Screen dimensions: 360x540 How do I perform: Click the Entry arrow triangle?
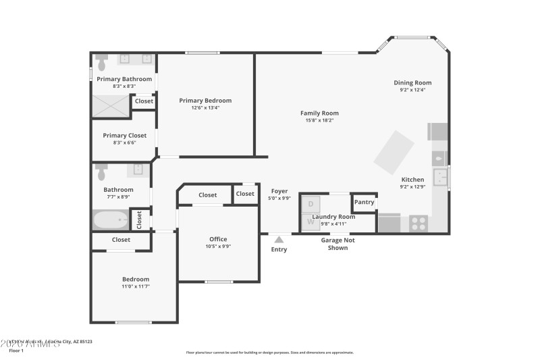[279, 238]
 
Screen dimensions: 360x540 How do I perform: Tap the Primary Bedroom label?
[205, 101]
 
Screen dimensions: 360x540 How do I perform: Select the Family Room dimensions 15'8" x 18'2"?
[319, 120]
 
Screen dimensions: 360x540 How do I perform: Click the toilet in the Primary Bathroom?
[102, 63]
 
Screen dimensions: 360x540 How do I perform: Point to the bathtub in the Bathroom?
[111, 220]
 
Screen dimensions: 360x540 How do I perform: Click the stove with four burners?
[418, 222]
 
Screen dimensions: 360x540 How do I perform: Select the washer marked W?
[310, 221]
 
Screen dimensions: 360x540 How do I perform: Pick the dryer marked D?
[310, 204]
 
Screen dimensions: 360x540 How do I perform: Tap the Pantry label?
[364, 202]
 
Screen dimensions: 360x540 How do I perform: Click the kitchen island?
[395, 153]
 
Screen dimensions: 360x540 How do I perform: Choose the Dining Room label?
[412, 82]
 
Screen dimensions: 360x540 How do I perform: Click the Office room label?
[218, 239]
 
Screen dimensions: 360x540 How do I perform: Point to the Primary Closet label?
[124, 135]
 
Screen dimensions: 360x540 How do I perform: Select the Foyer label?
[279, 191]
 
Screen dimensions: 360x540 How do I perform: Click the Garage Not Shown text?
[337, 244]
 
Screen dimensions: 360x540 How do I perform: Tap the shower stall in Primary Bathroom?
[110, 105]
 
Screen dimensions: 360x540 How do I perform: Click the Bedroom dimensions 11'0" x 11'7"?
[135, 286]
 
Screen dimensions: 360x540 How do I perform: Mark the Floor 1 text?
[16, 351]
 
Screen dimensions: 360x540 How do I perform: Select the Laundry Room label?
[338, 216]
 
